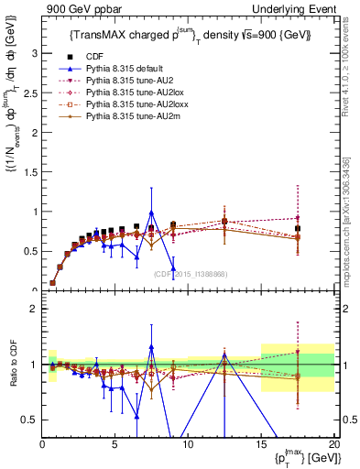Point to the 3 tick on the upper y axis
click(x=34, y=53)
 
